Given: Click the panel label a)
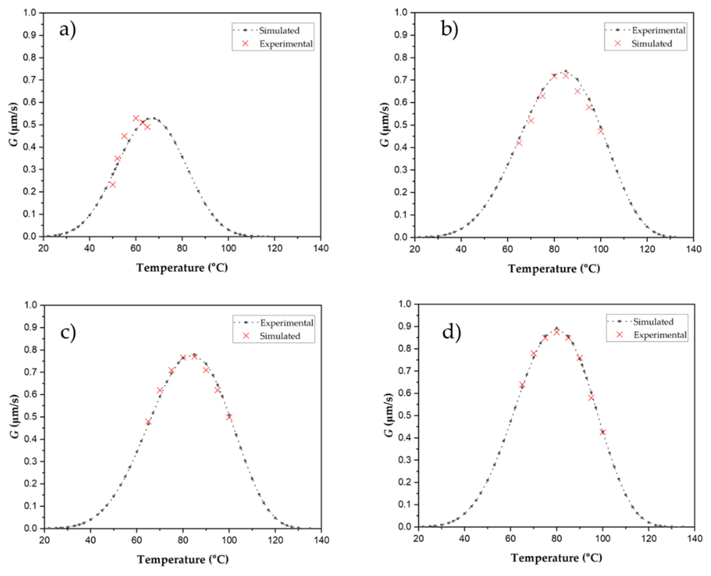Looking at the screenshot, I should pyautogui.click(x=67, y=30).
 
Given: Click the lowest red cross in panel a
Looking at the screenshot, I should pyautogui.click(x=112, y=184).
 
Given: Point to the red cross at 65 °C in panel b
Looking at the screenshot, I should pyautogui.click(x=519, y=143).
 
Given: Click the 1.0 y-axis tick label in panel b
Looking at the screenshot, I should pyautogui.click(x=401, y=13).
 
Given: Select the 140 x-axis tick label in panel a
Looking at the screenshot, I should pyautogui.click(x=320, y=249).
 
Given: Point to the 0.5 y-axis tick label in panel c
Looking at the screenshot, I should pyautogui.click(x=31, y=417).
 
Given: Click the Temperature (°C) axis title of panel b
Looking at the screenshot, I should pyautogui.click(x=554, y=268).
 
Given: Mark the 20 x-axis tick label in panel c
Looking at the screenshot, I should pyautogui.click(x=44, y=540).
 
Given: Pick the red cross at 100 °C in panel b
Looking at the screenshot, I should pyautogui.click(x=601, y=131).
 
